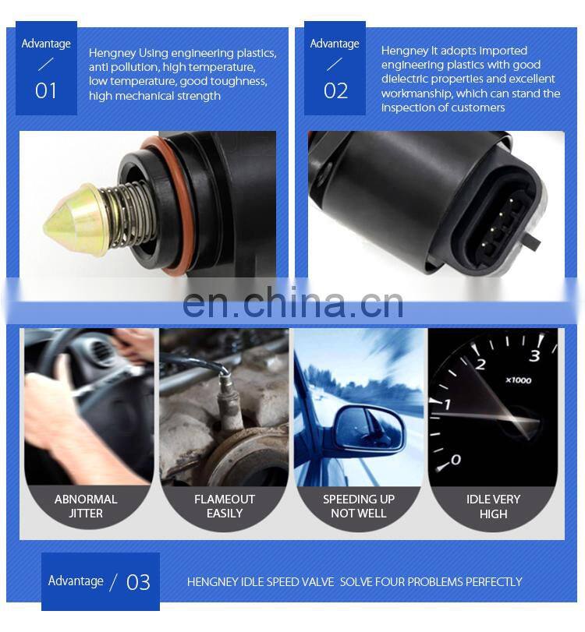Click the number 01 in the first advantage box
click(x=46, y=90)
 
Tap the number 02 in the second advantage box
click(x=335, y=90)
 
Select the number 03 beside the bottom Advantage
click(x=138, y=582)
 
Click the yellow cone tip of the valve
click(x=68, y=216)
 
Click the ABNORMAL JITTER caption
click(x=86, y=507)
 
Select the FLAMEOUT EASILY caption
click(x=225, y=507)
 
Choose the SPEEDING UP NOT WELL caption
click(x=359, y=507)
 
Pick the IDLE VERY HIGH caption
click(x=493, y=507)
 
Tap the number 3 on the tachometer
click(x=534, y=356)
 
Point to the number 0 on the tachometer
click(x=456, y=460)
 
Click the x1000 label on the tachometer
click(x=518, y=380)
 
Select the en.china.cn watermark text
click(x=292, y=303)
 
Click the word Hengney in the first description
click(x=112, y=53)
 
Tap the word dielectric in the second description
click(x=406, y=79)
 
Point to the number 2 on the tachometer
click(x=480, y=364)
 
